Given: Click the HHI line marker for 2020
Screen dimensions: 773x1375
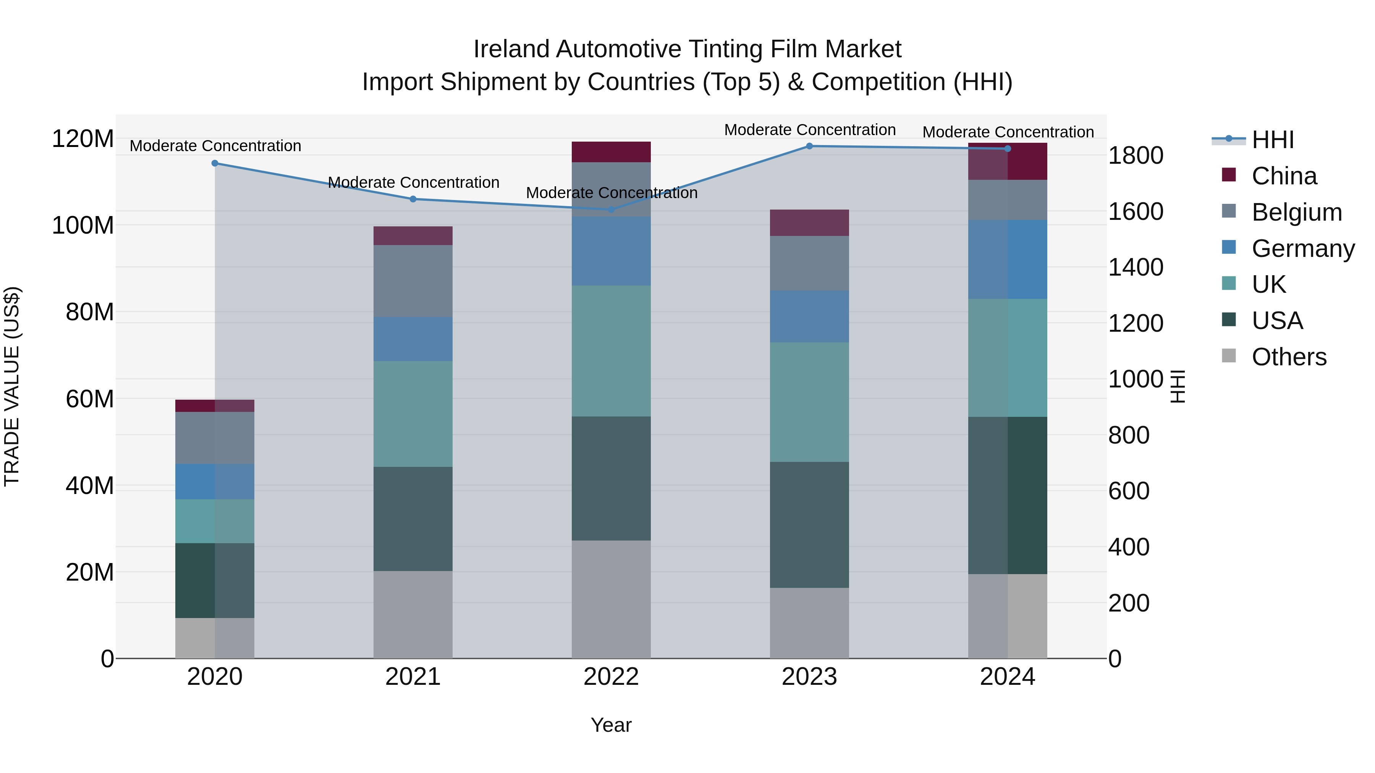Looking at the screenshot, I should pyautogui.click(x=215, y=163).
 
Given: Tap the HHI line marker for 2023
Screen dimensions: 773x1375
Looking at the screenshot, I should pyautogui.click(x=809, y=146).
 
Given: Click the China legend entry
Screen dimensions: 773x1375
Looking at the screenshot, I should pyautogui.click(x=1284, y=176).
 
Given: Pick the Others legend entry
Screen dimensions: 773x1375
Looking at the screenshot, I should pyautogui.click(x=1289, y=357).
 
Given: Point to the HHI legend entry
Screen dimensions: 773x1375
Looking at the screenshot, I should pyautogui.click(x=1273, y=140).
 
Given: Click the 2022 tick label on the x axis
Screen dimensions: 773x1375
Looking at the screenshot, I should pyautogui.click(x=611, y=677).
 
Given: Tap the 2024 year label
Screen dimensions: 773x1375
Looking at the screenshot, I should pyautogui.click(x=1007, y=677).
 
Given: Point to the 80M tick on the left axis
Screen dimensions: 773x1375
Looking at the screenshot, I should pyautogui.click(x=90, y=312).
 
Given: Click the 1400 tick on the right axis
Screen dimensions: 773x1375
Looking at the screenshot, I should pyautogui.click(x=1136, y=267).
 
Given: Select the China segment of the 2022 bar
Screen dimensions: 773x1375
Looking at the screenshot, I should pyautogui.click(x=611, y=152).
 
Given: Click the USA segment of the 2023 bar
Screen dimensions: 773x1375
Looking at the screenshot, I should pyautogui.click(x=809, y=525).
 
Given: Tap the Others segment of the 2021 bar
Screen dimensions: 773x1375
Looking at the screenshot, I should pyautogui.click(x=412, y=615).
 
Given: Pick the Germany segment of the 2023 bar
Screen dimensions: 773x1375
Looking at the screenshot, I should pyautogui.click(x=809, y=316).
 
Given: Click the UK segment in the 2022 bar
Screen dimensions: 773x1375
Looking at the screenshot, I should pyautogui.click(x=611, y=351).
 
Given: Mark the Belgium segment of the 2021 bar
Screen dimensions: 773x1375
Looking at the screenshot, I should pyautogui.click(x=412, y=281).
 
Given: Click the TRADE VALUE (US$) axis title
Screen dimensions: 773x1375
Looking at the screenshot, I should pyautogui.click(x=12, y=386).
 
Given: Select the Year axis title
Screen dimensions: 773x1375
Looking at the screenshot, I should pyautogui.click(x=611, y=725).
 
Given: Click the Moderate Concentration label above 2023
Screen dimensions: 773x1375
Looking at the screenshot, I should pyautogui.click(x=809, y=130).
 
